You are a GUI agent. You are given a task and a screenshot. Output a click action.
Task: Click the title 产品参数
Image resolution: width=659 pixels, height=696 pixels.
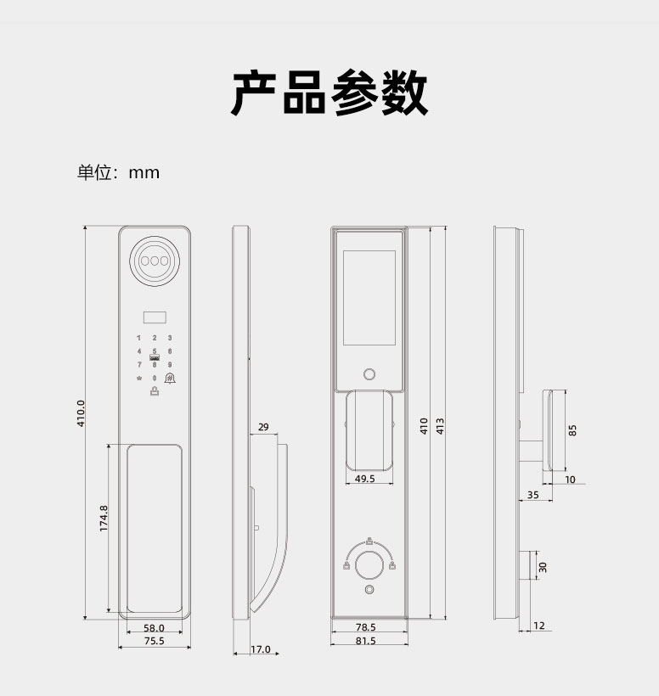[329, 93]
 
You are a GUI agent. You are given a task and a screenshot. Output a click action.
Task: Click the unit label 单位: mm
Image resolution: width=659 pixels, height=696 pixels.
[118, 172]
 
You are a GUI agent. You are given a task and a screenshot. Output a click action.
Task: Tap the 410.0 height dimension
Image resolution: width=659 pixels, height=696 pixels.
[81, 413]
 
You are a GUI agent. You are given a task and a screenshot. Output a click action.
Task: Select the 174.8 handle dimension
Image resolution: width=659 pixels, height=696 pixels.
[104, 518]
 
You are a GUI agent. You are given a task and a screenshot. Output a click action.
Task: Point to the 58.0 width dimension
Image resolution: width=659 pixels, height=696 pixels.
[154, 628]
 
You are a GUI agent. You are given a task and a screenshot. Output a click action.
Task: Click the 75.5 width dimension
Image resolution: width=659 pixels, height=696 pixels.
[154, 641]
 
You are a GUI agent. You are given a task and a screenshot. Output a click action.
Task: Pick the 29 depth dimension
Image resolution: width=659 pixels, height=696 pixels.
[263, 427]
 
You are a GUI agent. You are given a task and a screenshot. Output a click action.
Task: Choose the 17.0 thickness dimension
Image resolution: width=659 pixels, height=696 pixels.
[260, 649]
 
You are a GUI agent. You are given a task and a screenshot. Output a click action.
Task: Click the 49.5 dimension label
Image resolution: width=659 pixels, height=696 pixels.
[365, 479]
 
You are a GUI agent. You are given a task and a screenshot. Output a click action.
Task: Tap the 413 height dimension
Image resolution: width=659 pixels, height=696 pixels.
[440, 426]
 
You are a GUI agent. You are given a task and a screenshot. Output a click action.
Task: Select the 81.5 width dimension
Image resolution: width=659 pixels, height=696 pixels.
[365, 641]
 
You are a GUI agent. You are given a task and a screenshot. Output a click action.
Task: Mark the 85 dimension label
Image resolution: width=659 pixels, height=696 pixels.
[572, 430]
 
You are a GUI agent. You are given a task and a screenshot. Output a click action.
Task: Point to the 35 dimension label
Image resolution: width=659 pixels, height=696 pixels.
[532, 495]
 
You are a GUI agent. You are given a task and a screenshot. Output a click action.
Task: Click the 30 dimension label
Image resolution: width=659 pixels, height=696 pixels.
[543, 567]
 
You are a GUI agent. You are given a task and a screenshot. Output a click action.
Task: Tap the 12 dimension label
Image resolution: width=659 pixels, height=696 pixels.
[538, 626]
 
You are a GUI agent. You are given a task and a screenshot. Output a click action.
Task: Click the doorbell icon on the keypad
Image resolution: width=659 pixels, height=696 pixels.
[170, 379]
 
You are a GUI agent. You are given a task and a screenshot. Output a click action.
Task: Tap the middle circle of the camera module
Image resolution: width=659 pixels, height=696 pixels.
[155, 261]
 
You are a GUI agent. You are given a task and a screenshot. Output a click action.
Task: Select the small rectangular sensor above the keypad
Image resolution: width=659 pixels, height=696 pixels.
[155, 317]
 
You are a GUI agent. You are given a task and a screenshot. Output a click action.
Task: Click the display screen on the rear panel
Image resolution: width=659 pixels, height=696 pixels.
[369, 297]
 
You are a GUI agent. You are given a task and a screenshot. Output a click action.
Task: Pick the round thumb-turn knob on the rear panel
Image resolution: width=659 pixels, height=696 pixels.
[369, 565]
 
